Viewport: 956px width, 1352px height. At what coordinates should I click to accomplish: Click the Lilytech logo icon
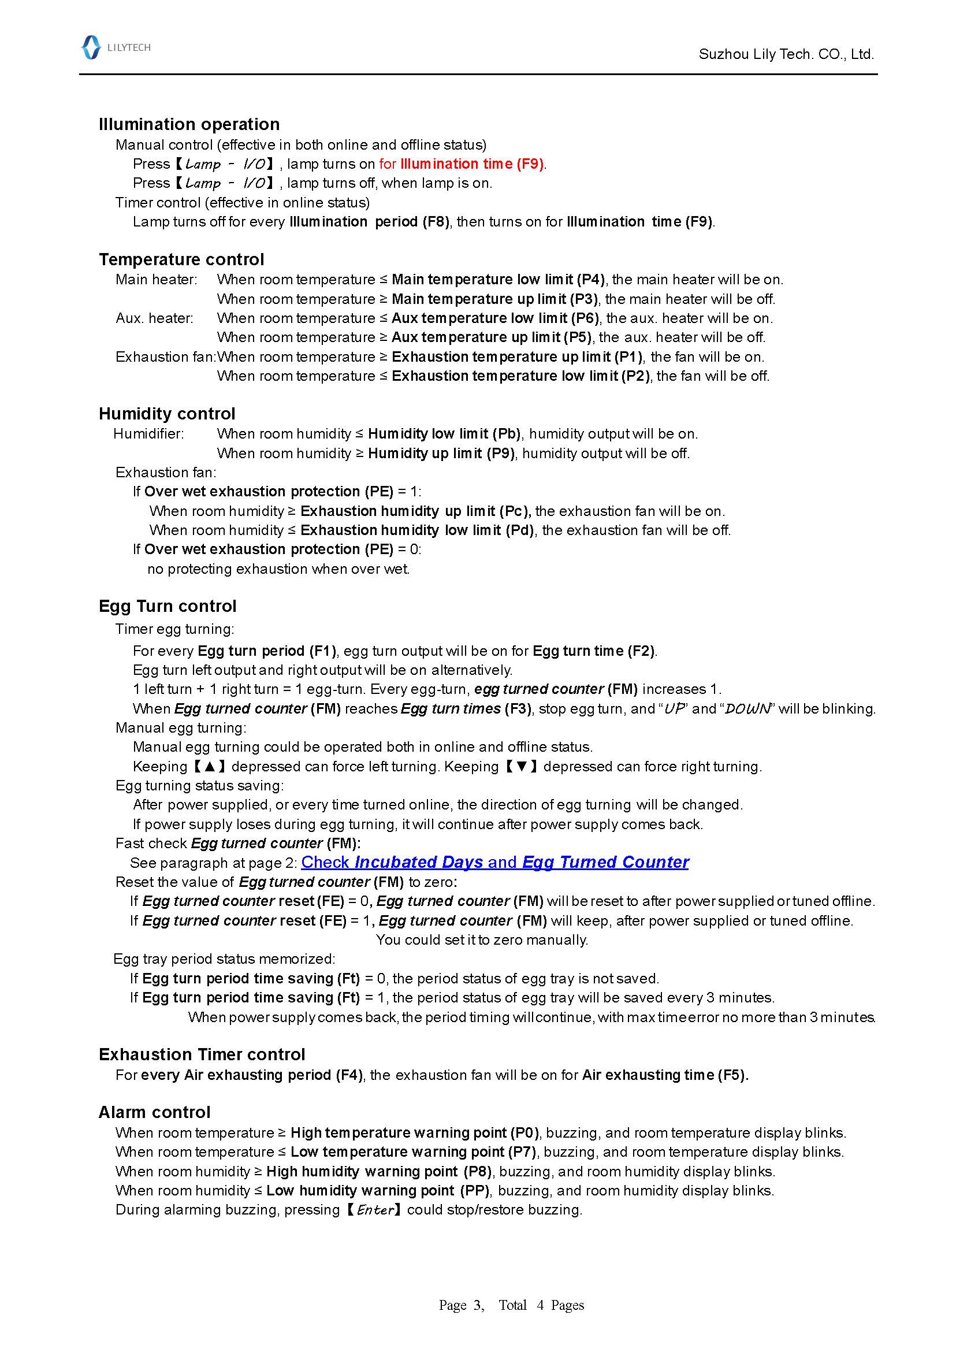(91, 47)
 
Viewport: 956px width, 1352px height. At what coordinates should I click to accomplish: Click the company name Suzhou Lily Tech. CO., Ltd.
(786, 54)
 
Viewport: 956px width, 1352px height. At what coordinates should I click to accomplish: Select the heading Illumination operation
(189, 124)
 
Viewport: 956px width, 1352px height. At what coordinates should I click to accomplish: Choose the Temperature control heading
(181, 259)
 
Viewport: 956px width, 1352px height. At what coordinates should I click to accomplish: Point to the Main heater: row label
(157, 279)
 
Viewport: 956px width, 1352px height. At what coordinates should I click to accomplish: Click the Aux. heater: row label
(154, 318)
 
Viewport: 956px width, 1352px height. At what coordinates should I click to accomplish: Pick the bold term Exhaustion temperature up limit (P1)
(518, 357)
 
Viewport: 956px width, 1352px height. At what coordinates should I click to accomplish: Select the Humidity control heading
(166, 413)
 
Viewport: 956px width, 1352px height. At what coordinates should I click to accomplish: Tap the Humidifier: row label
(148, 433)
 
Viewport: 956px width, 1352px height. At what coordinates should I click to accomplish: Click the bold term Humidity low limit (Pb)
(444, 433)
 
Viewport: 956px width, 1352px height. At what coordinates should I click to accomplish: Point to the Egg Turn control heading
(167, 606)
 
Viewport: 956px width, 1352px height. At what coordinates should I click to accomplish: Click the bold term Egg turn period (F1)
(267, 651)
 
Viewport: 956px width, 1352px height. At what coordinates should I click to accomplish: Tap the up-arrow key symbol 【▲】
(210, 766)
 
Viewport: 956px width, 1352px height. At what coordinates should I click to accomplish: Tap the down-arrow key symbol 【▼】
(522, 766)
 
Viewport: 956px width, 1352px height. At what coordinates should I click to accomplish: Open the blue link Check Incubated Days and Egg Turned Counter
(494, 862)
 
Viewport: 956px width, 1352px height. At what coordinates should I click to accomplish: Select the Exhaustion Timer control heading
(202, 1054)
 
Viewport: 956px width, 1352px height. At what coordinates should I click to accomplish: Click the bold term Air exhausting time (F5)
(665, 1075)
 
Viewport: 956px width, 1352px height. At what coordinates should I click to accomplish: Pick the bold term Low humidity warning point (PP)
(378, 1190)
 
